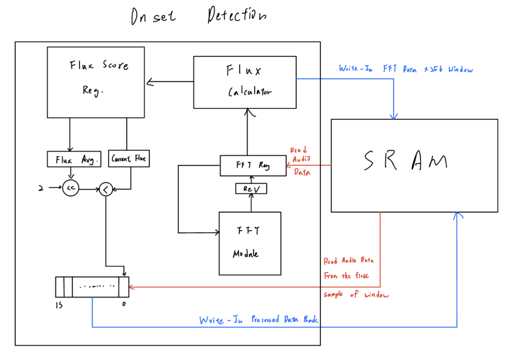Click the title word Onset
[153, 17]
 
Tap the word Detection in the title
[236, 16]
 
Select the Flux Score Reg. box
[96, 82]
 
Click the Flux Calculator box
[245, 83]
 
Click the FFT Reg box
[252, 166]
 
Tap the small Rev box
[251, 189]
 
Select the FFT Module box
[250, 243]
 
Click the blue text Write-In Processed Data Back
[258, 320]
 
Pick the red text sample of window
[356, 295]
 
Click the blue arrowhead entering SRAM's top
[395, 117]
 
